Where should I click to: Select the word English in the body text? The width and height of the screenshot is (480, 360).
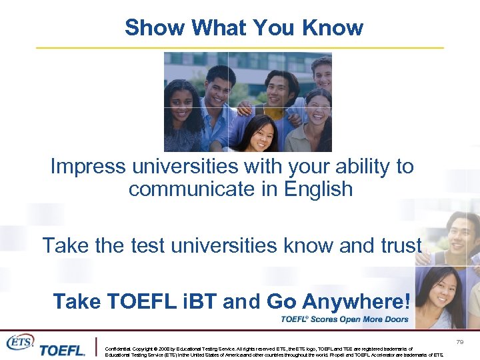tap(319, 189)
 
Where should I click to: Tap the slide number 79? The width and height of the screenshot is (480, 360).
tap(459, 342)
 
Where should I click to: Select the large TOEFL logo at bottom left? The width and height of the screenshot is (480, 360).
tap(61, 349)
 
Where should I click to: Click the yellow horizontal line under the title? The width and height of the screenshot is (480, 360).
tap(239, 48)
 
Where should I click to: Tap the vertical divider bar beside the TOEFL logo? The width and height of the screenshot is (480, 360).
tap(97, 347)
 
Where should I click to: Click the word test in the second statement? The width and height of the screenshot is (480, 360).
tap(145, 245)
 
